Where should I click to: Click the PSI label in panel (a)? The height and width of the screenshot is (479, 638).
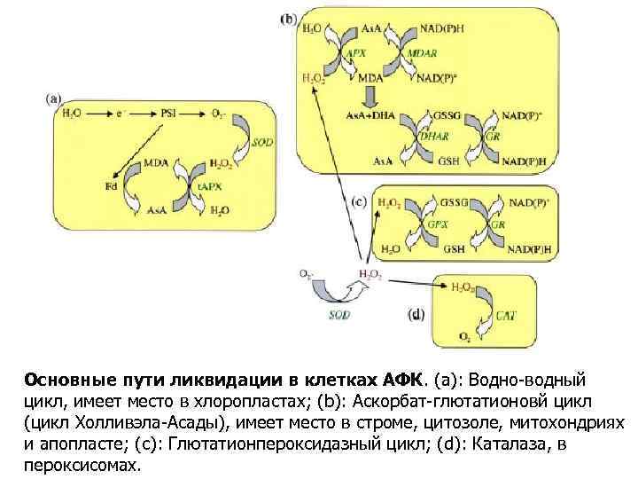(169, 113)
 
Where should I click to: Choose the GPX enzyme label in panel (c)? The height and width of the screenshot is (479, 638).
(432, 225)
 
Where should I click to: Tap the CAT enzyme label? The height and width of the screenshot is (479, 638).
(506, 313)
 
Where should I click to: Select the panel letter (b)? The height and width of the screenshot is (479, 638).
(288, 17)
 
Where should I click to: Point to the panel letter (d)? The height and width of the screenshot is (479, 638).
(416, 314)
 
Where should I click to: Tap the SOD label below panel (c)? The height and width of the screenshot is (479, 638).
(339, 314)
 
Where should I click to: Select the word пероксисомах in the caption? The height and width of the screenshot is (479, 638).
(82, 464)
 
